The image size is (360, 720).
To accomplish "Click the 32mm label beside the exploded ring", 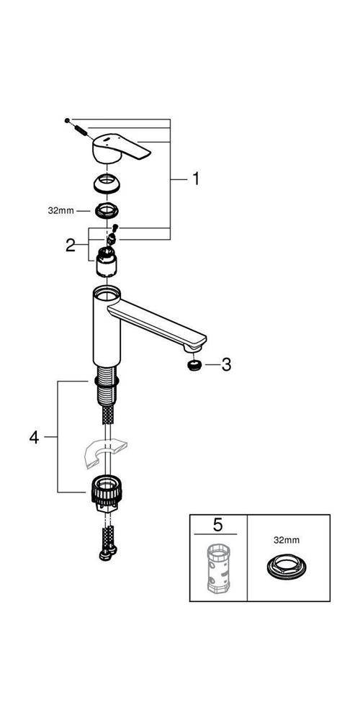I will coord(61,211).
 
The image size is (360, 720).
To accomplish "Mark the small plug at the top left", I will coord(67,120).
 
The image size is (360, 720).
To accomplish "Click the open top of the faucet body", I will coord(107,293).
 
